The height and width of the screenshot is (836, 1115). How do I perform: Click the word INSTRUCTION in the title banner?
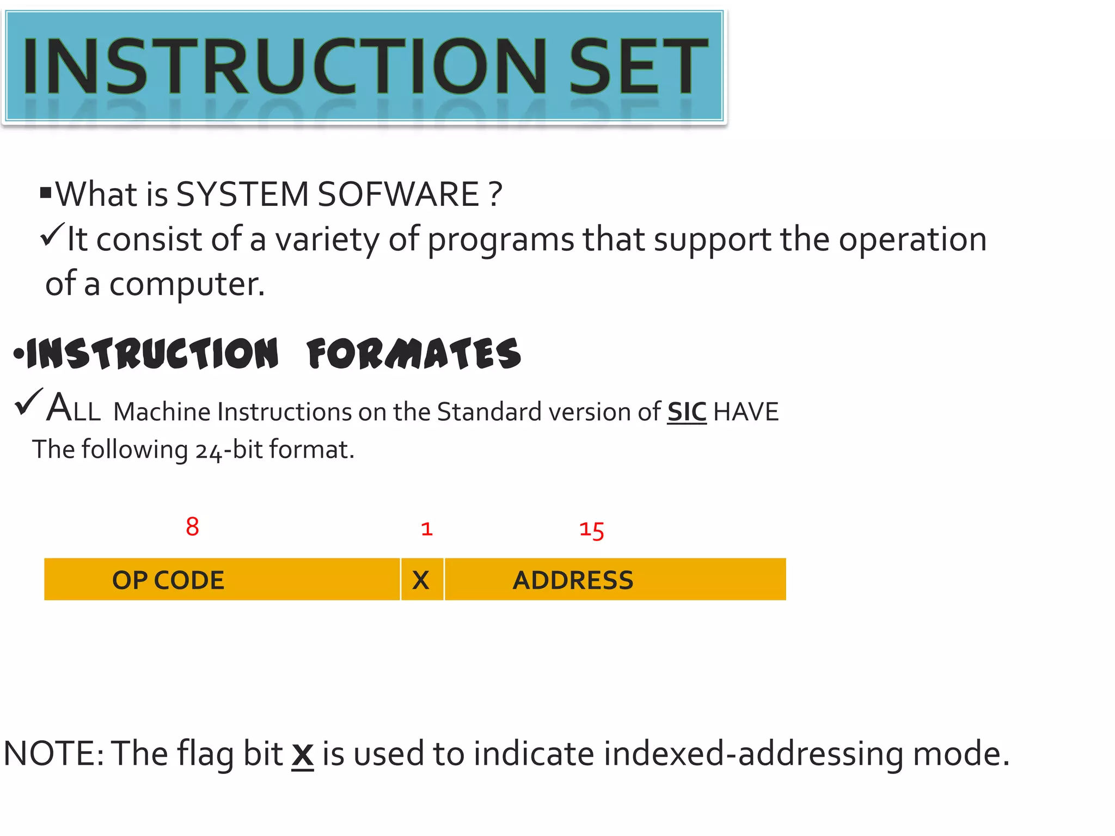pyautogui.click(x=283, y=66)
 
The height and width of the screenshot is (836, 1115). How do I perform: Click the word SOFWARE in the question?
pyautogui.click(x=398, y=194)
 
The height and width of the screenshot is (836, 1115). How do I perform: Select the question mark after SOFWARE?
pyautogui.click(x=495, y=194)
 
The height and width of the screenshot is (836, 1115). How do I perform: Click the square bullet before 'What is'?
pyautogui.click(x=46, y=192)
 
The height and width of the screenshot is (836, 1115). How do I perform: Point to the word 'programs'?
pyautogui.click(x=500, y=239)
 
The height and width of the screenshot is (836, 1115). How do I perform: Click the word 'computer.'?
pyautogui.click(x=187, y=284)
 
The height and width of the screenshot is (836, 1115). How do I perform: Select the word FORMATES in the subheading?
pyautogui.click(x=414, y=354)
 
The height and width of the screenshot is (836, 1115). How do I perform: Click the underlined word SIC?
pyautogui.click(x=687, y=412)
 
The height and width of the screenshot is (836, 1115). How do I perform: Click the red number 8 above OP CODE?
pyautogui.click(x=192, y=527)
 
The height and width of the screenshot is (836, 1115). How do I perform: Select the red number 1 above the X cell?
pyautogui.click(x=427, y=529)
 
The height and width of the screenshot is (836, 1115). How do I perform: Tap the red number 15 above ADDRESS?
pyautogui.click(x=591, y=530)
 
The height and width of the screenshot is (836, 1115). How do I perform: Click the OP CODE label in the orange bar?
pyautogui.click(x=168, y=580)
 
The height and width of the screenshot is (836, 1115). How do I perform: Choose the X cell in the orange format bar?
pyautogui.click(x=421, y=580)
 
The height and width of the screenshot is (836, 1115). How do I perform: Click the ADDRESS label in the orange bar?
pyautogui.click(x=573, y=580)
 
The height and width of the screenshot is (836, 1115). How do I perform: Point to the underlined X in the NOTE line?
pyautogui.click(x=303, y=754)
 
